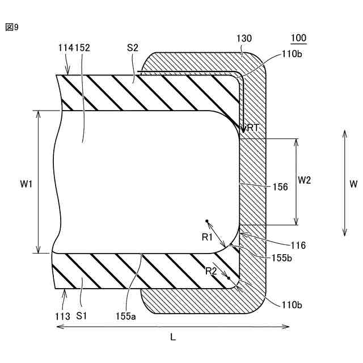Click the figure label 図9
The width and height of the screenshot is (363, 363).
12,27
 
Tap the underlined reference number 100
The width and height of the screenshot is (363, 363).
298,39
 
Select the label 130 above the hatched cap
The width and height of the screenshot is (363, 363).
244,39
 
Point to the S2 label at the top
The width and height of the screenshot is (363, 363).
133,48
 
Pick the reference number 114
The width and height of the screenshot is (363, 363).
65,49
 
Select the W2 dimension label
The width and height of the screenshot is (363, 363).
305,181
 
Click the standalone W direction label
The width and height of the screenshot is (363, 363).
353,184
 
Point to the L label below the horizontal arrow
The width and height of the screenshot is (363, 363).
173,337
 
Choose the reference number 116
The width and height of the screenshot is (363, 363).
297,246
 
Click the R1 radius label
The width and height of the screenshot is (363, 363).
207,237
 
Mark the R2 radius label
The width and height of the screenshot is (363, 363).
211,271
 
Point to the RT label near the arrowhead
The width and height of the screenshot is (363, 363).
253,128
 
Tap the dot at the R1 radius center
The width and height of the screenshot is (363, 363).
208,221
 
